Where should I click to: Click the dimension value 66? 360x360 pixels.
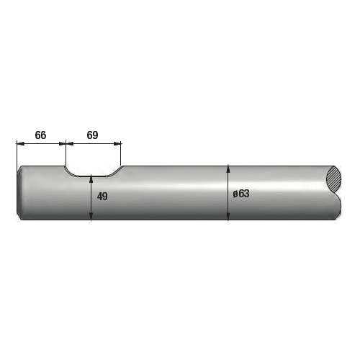pos(40,135)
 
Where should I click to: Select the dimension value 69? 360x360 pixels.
pos(92,135)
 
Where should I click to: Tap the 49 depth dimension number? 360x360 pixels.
pos(102,197)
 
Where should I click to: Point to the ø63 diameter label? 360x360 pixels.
pos(241,194)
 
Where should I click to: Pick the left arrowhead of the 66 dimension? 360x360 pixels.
pos(20,143)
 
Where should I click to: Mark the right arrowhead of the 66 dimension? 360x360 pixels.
pos(62,143)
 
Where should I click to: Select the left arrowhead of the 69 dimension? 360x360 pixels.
pos(70,143)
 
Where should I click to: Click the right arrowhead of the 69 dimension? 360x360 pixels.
pos(117,143)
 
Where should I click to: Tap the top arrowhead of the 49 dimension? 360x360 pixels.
pos(91,179)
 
